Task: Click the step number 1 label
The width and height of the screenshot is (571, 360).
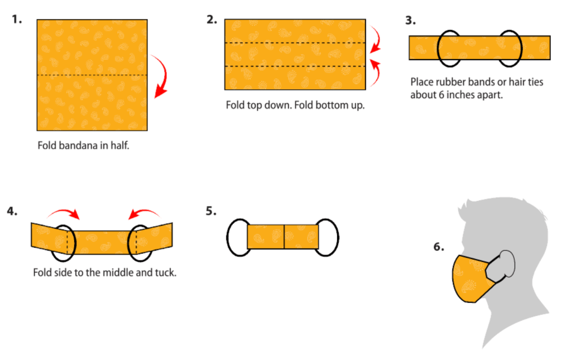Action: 17,20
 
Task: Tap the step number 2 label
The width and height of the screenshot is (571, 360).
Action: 212,20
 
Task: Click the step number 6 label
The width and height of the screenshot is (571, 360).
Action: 439,246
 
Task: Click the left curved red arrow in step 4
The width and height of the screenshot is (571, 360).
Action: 64,212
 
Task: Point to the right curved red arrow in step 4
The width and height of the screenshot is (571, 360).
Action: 144,212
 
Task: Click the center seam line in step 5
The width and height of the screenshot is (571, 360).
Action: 284,237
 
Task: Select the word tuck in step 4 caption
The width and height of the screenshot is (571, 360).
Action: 164,273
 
